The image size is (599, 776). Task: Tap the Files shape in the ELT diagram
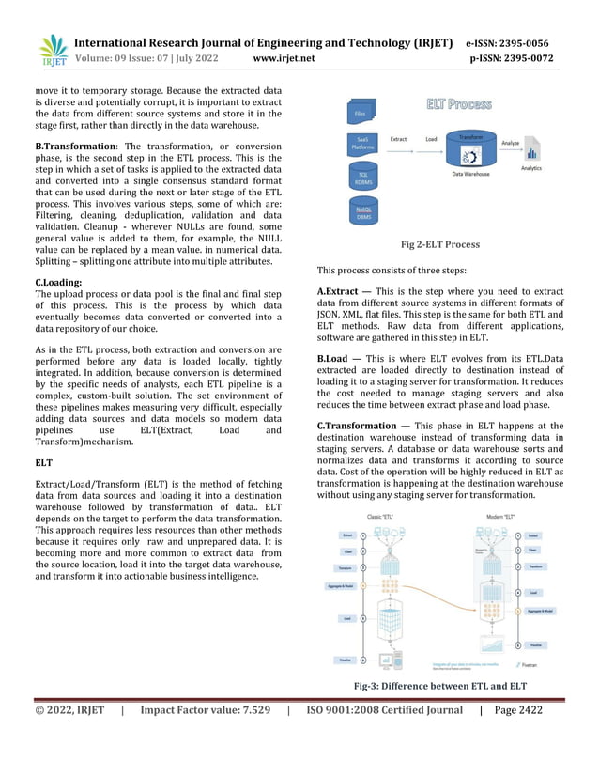361,114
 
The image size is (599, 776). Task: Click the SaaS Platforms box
362,145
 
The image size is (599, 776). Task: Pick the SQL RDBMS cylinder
362,178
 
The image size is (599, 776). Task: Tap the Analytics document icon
532,150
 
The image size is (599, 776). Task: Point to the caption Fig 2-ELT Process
440,244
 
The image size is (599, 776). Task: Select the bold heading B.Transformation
75,147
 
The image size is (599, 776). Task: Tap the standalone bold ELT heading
43,463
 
